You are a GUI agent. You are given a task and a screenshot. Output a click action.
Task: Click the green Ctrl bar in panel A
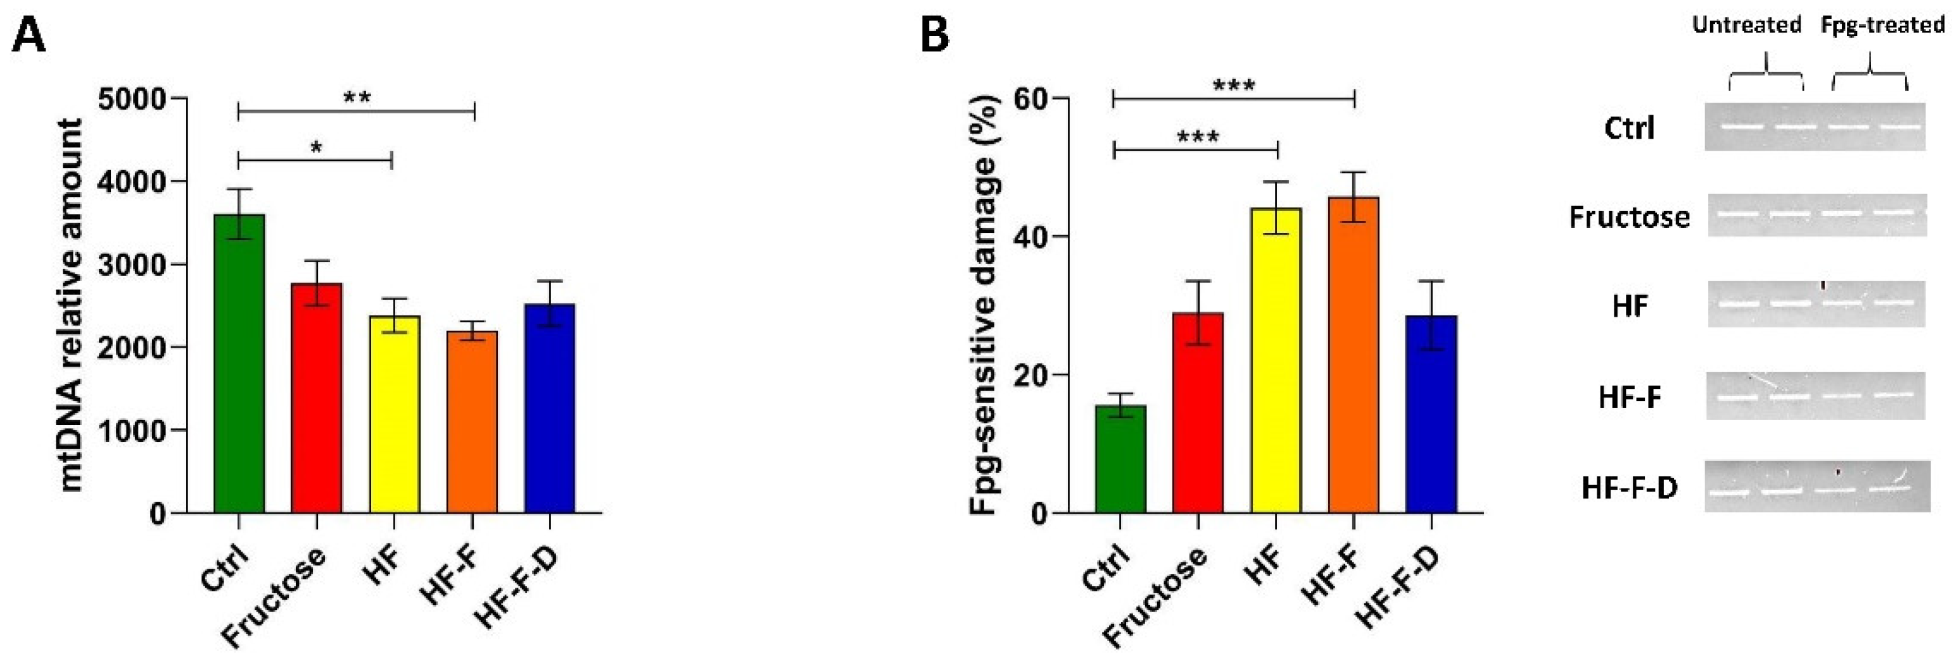239,364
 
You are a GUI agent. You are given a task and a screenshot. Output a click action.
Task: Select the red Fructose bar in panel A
316,398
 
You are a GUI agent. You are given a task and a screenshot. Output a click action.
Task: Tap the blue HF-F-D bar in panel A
549,409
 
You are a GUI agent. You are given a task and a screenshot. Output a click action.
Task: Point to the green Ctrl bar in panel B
1120,459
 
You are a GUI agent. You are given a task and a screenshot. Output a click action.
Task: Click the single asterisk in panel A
316,148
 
